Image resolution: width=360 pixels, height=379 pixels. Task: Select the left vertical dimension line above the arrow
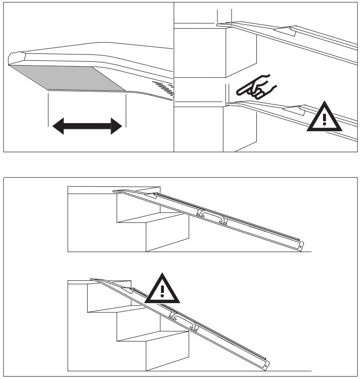click(x=48, y=109)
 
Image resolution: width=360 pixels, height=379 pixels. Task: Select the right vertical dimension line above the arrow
click(x=126, y=109)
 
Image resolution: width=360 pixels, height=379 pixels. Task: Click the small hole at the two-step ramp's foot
click(x=301, y=247)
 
